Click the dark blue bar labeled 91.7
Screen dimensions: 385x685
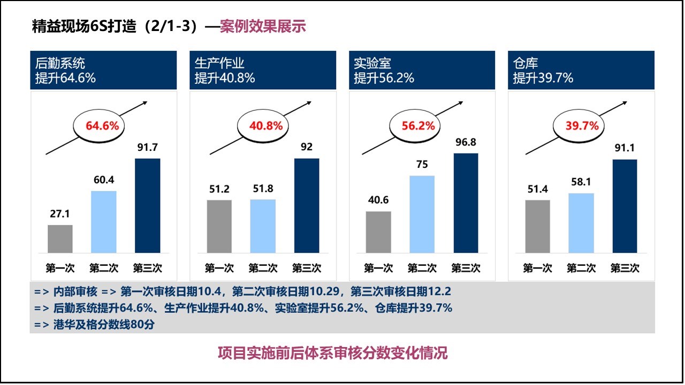pyautogui.click(x=147, y=205)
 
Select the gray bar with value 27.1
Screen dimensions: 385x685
pyautogui.click(x=60, y=238)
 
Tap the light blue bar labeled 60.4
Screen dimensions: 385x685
pyautogui.click(x=104, y=221)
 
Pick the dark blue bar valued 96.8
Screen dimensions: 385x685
pyautogui.click(x=466, y=203)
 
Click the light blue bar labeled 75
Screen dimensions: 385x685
pyautogui.click(x=422, y=214)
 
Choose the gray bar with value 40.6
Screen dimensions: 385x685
pyautogui.click(x=378, y=232)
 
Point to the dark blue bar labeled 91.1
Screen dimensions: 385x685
pyautogui.click(x=625, y=206)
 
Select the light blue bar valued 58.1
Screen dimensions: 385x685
pyautogui.click(x=581, y=222)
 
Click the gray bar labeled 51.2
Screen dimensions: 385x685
pyautogui.click(x=219, y=226)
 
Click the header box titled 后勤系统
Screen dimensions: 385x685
pyautogui.click(x=103, y=70)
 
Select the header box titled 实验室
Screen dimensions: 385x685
pyautogui.click(x=422, y=70)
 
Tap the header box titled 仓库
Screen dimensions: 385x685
pyautogui.click(x=581, y=70)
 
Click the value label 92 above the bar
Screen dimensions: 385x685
pyautogui.click(x=307, y=147)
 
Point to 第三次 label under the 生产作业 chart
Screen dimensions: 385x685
pyautogui.click(x=307, y=268)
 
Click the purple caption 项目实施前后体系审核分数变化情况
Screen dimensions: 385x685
pyautogui.click(x=332, y=353)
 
